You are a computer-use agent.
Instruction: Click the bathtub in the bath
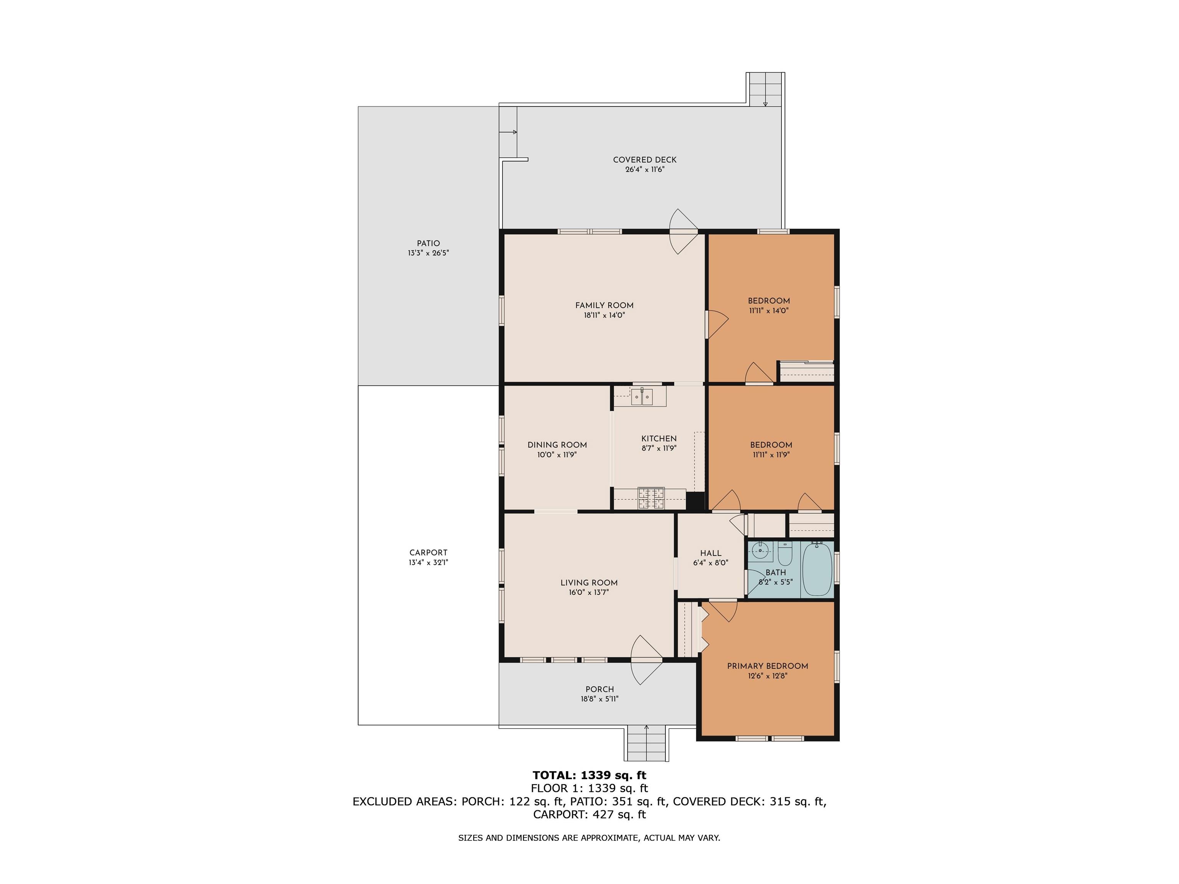(x=817, y=569)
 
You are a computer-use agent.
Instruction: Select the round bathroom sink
(x=760, y=551)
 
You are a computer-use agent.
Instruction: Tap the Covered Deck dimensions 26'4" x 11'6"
(x=644, y=170)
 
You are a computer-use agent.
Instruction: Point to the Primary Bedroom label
(x=768, y=666)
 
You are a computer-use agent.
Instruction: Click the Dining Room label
(x=557, y=445)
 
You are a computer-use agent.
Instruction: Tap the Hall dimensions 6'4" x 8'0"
(x=710, y=563)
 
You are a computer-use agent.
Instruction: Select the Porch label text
(x=599, y=689)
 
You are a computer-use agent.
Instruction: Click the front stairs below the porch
(x=647, y=743)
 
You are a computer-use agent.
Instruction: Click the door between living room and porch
(x=647, y=660)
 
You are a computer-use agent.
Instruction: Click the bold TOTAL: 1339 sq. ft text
(x=589, y=775)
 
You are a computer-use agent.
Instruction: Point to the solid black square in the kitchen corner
(x=695, y=501)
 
